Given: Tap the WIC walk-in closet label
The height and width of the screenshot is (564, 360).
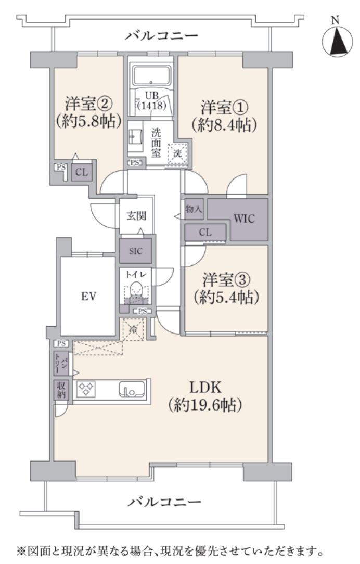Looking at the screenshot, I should click(243, 219).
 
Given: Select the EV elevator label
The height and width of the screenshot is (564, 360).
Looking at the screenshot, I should click(87, 296).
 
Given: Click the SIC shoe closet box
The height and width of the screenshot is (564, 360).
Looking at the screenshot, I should click(136, 252).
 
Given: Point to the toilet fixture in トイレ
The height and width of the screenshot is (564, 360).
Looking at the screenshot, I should click(136, 289).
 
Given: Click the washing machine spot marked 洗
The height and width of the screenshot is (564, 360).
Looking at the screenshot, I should click(178, 154).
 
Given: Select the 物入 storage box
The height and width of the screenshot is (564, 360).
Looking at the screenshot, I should click(194, 209).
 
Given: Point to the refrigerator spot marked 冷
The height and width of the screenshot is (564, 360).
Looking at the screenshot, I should click(133, 329).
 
